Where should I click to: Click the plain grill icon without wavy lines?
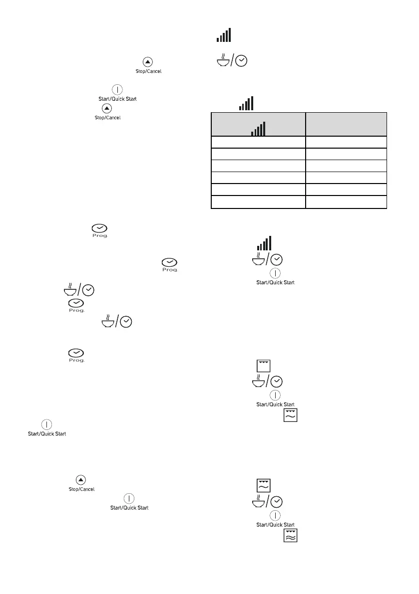click(263, 365)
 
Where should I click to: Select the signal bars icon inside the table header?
click(258, 129)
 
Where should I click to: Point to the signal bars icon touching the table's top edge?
click(247, 104)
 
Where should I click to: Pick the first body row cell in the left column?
click(258, 142)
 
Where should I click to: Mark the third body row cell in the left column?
click(258, 166)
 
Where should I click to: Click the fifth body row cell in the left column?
click(258, 190)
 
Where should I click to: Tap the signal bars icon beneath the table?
click(264, 243)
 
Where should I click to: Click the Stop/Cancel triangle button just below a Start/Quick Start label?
click(107, 108)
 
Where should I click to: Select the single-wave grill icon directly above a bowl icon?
click(263, 485)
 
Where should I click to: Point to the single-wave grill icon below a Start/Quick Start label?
click(290, 415)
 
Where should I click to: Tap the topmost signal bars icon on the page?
click(223, 35)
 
